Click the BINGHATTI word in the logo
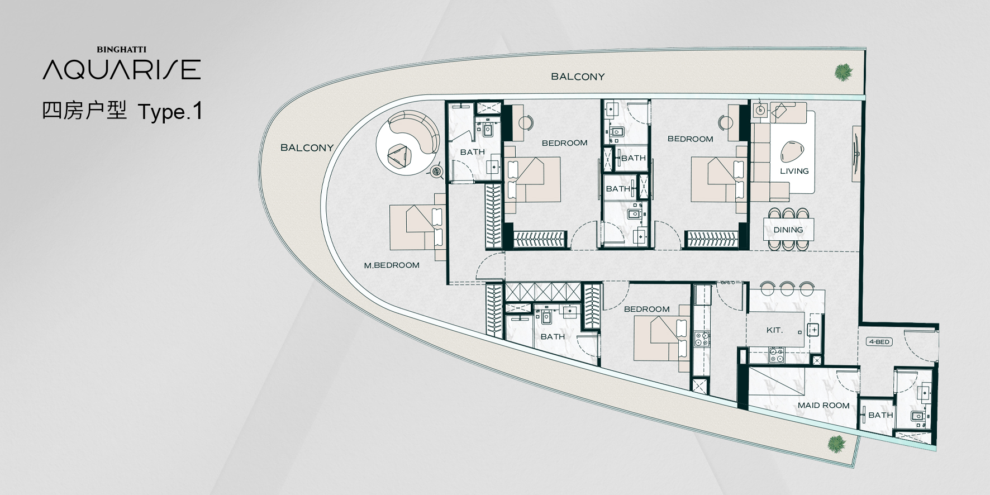121,50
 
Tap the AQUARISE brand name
122,70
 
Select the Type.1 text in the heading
170,112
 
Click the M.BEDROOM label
392,265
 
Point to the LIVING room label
794,171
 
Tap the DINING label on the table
788,230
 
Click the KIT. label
774,330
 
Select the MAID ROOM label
824,406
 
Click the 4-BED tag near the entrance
879,341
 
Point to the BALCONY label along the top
578,77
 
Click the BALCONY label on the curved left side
307,147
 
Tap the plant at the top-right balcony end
842,72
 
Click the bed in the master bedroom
417,226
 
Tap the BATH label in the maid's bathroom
880,415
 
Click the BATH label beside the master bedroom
473,152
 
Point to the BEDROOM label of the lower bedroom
646,309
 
